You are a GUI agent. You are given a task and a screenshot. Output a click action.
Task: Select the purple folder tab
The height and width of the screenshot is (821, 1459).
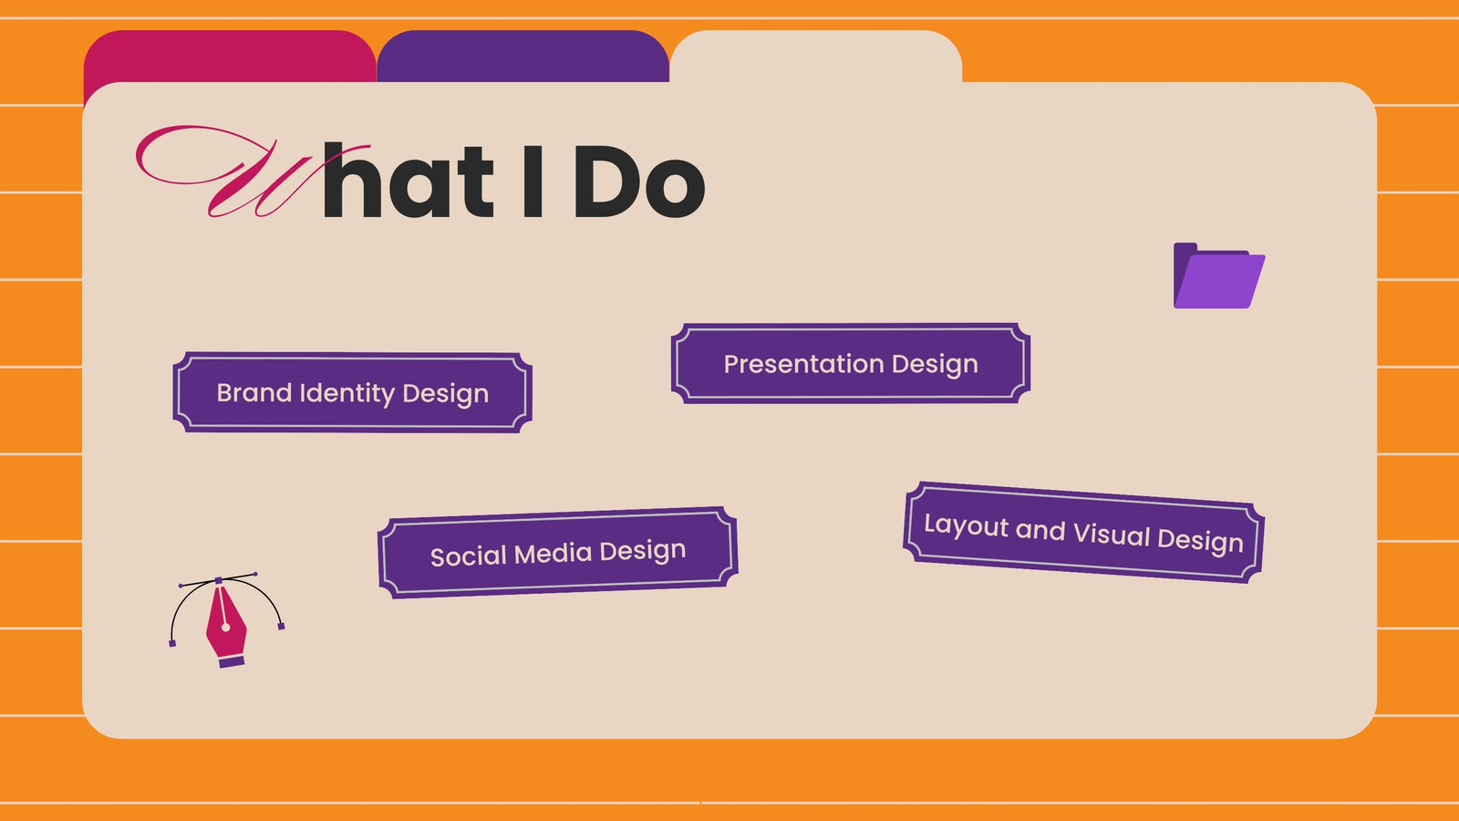click(x=523, y=56)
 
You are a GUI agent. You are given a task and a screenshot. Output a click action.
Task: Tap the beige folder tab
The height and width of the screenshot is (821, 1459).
click(x=815, y=56)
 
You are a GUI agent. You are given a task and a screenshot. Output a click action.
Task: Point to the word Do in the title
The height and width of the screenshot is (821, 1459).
click(x=639, y=182)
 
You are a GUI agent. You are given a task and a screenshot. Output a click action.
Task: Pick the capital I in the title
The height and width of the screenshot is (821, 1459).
click(x=533, y=182)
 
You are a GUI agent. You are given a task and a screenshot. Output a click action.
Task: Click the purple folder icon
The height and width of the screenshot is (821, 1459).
click(x=1218, y=275)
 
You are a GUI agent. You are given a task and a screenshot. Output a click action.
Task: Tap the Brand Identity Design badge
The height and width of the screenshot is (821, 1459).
click(x=352, y=392)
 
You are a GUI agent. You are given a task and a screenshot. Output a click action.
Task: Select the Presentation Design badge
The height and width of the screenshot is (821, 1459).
click(x=851, y=363)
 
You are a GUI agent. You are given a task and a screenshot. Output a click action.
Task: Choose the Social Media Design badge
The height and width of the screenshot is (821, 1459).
click(x=557, y=553)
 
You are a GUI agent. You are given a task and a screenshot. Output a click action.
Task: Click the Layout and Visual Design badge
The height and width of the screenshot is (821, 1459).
click(x=1084, y=533)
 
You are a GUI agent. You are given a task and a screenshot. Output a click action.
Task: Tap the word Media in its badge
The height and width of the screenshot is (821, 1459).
click(x=553, y=554)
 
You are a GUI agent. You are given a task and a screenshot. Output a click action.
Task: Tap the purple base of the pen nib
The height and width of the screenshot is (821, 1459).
click(x=232, y=661)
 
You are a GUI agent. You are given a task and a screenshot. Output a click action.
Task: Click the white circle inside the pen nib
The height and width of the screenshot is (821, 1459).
click(x=225, y=628)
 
